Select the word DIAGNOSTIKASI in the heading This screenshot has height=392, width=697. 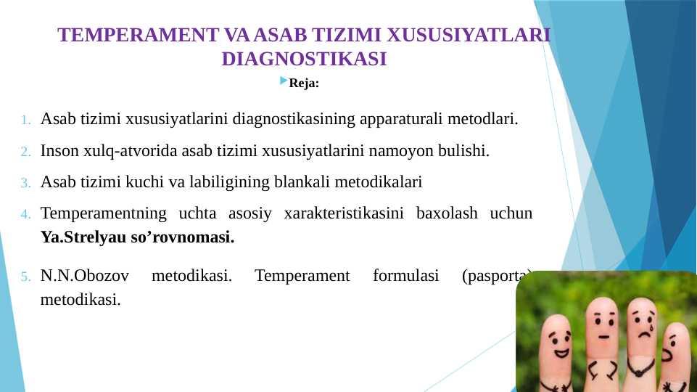point(304,59)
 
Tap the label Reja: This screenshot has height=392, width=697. point(304,83)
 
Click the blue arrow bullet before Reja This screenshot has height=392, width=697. point(283,81)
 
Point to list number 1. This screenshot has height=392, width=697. point(26,120)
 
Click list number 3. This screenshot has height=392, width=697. point(26,183)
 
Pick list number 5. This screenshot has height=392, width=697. point(26,277)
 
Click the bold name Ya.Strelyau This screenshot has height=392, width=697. point(83,237)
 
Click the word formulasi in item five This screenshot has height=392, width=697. point(402,276)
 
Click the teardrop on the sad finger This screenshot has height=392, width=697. point(651,327)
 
